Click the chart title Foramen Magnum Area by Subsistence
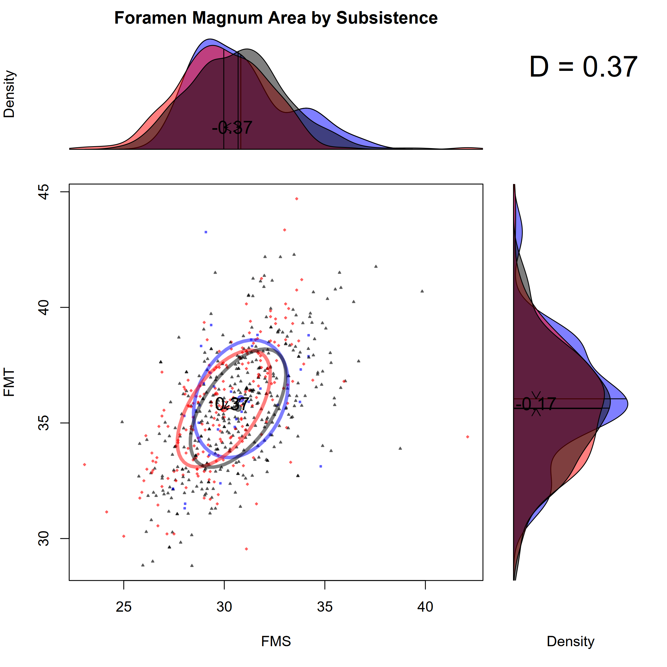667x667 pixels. pos(276,18)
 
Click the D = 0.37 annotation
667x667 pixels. pos(583,67)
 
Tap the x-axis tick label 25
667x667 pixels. pos(124,607)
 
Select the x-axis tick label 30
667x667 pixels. pos(224,607)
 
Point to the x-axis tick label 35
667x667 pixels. pos(325,607)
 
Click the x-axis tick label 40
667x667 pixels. pos(425,607)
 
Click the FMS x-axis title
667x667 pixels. pos(276,641)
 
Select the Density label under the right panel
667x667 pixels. pos(570,641)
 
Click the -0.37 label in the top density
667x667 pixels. pos(232,128)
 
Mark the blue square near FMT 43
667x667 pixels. pos(206,232)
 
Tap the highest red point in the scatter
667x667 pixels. pos(297,199)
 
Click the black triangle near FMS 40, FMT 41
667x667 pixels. pos(422,291)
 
